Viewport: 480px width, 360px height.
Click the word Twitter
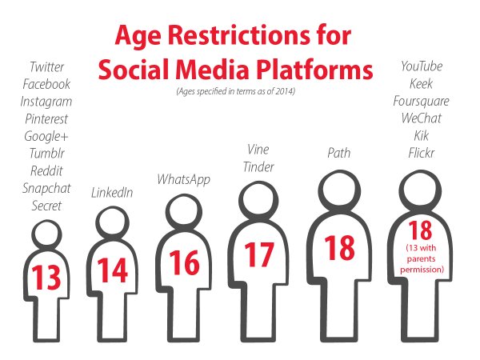click(47, 66)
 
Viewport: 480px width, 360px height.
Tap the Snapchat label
click(46, 189)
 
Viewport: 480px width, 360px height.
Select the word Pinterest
click(46, 118)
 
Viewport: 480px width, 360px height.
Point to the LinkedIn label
click(112, 193)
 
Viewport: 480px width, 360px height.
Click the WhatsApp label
click(184, 180)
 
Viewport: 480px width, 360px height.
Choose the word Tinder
click(258, 167)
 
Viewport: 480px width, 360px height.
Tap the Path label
click(339, 153)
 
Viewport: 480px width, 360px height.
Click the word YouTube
click(422, 66)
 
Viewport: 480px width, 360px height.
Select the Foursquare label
click(422, 102)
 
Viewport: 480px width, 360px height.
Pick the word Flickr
click(422, 153)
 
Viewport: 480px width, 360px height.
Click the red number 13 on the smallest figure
click(46, 278)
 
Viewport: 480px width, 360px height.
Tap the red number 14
click(112, 270)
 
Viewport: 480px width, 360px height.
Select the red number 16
click(184, 262)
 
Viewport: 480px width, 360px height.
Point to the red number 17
click(259, 254)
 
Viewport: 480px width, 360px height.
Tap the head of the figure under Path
click(339, 190)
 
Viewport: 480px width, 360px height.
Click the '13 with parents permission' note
click(422, 258)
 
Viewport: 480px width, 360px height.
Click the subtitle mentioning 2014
click(236, 91)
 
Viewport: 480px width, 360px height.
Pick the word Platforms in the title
click(314, 69)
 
